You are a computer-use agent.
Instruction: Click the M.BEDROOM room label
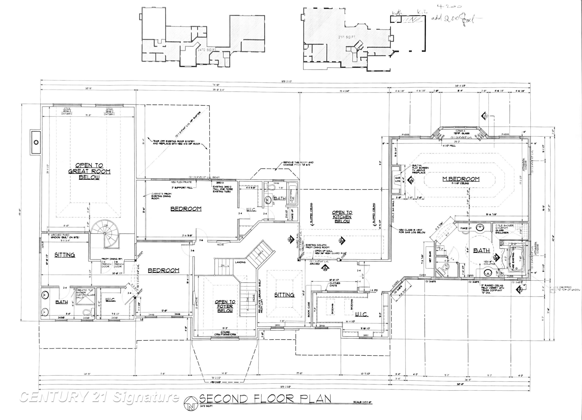click(461, 179)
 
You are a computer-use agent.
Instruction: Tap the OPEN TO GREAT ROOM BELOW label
click(89, 171)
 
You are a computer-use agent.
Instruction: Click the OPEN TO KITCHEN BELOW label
click(342, 217)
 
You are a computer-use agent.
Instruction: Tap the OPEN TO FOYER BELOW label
click(225, 306)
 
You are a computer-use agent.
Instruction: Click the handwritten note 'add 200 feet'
click(453, 19)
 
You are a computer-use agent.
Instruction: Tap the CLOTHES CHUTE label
click(335, 284)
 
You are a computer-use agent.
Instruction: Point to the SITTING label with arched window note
click(65, 255)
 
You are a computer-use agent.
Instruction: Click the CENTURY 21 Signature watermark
click(99, 397)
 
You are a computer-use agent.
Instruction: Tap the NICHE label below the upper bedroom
click(220, 244)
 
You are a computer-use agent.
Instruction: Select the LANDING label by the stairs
click(240, 262)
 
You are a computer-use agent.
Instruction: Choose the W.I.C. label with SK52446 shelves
click(362, 314)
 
